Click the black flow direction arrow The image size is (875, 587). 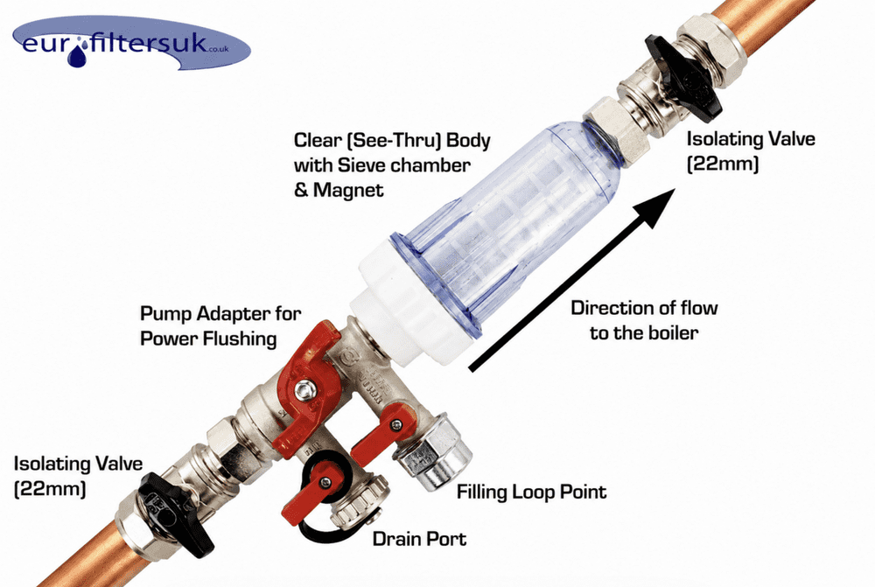coord(572,279)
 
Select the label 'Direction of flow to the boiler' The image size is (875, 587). coord(644,320)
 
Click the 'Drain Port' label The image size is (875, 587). coord(419,539)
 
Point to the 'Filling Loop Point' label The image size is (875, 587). coord(531,493)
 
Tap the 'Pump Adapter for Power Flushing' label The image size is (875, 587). coord(220,325)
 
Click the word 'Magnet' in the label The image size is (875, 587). coord(348,191)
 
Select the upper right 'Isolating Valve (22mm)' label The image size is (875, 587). coord(751,150)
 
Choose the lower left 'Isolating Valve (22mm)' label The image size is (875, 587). coord(78,475)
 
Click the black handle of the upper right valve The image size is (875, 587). coord(682,78)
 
